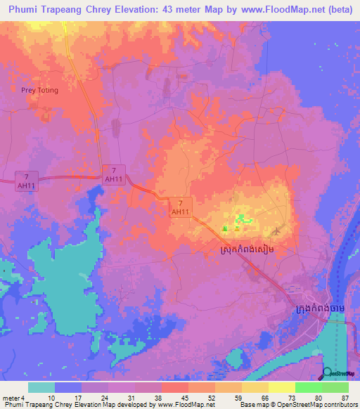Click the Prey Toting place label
tap(39, 90)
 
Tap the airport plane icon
tap(276, 230)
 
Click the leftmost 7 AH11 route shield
tap(26, 179)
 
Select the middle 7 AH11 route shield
tap(113, 175)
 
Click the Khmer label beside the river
tap(321, 309)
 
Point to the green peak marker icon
tap(225, 228)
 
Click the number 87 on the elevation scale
tap(344, 398)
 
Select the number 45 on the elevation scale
tap(185, 398)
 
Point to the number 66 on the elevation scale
tap(264, 398)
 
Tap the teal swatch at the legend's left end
tap(41, 387)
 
